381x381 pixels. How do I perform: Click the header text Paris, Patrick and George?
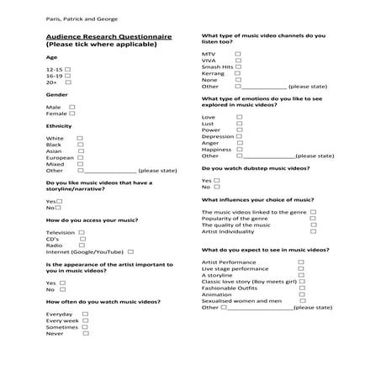pos(82,19)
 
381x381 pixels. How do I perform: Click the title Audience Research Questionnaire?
pos(109,38)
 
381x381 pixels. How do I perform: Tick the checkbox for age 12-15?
pos(68,69)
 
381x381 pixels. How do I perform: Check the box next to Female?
pos(73,114)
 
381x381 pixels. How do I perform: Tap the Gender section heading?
pos(57,95)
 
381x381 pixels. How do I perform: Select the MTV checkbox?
pos(239,54)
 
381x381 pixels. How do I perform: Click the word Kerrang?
pos(214,73)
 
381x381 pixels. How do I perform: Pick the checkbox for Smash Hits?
pos(239,66)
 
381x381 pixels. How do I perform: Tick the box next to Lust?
pos(239,124)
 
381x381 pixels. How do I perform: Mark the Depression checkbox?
pos(239,136)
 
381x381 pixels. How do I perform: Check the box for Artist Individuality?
pos(313,231)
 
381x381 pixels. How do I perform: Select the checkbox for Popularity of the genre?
pos(313,219)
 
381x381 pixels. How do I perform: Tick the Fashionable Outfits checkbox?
pos(300,288)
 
